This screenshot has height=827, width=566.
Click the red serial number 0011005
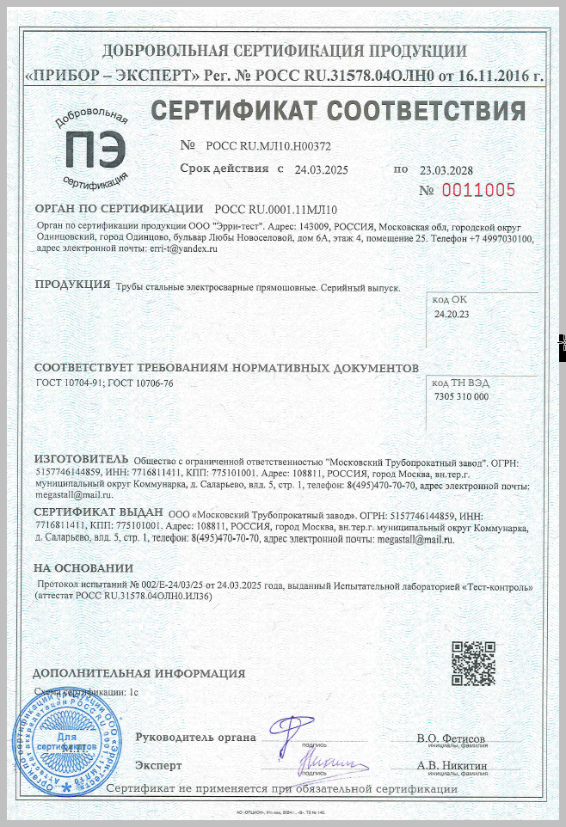point(479,190)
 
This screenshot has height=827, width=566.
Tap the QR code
point(474,662)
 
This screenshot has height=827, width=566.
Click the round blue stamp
point(55,738)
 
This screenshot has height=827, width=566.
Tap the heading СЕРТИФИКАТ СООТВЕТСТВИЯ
point(338,111)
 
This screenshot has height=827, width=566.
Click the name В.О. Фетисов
point(451,738)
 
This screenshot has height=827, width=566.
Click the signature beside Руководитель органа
point(291,732)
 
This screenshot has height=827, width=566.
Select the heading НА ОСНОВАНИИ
point(83,568)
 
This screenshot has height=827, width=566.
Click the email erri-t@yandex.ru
point(183,248)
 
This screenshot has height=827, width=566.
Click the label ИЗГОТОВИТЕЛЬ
point(81,458)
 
